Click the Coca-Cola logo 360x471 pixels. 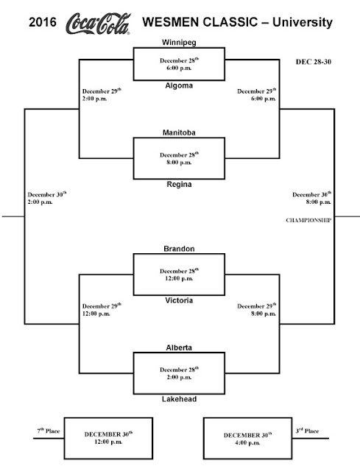[x=98, y=23]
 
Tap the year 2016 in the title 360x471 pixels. [x=43, y=22]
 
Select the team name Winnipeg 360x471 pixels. [x=179, y=43]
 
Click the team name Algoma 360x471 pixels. [x=179, y=85]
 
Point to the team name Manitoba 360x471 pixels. [x=179, y=132]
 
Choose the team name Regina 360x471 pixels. [x=179, y=184]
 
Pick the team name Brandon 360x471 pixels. [x=179, y=249]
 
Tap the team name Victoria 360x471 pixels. [x=179, y=300]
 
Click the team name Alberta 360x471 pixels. [x=179, y=347]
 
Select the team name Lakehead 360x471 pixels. [x=179, y=399]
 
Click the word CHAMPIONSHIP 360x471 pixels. [x=308, y=220]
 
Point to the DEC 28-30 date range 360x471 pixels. [x=314, y=62]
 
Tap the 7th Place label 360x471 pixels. [x=49, y=431]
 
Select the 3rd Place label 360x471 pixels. [x=307, y=431]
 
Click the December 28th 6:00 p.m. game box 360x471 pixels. [x=179, y=64]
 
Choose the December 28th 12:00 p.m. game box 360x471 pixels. [x=179, y=275]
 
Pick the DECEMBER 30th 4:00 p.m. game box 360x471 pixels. [x=247, y=439]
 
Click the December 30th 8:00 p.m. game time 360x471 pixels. [x=312, y=198]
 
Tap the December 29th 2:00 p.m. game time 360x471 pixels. [x=102, y=95]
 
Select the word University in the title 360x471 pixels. [x=303, y=23]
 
